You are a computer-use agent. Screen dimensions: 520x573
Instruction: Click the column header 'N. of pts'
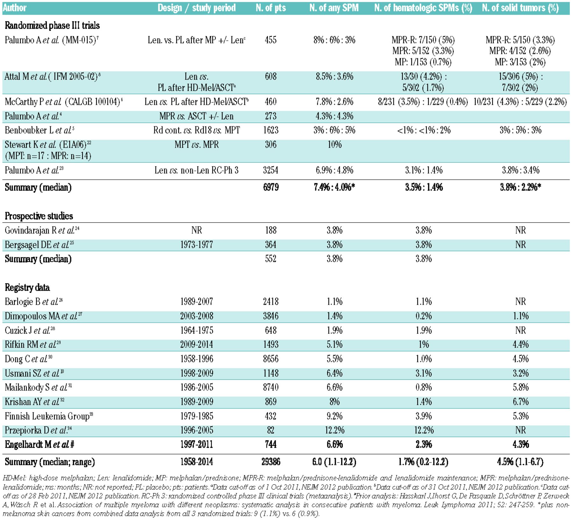271,8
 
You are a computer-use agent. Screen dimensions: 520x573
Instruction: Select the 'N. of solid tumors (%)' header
520,8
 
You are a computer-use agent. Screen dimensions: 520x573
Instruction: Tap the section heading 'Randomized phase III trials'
52,25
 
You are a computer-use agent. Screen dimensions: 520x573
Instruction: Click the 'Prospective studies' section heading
39,216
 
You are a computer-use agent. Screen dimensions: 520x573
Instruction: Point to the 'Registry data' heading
27,288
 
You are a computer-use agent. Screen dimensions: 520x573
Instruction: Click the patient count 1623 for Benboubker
271,130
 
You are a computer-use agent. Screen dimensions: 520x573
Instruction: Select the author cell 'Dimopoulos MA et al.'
41,316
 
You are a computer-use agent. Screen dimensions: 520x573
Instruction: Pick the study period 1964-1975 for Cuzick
197,330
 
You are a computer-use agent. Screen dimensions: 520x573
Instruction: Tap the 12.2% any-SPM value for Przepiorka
335,430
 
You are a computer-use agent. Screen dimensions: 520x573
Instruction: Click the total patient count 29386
271,462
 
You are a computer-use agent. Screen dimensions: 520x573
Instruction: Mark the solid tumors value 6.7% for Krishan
520,402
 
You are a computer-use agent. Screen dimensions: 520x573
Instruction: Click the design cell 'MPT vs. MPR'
197,145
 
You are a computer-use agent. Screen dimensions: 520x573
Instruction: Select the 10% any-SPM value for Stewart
335,145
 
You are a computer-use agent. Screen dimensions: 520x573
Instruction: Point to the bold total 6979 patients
271,187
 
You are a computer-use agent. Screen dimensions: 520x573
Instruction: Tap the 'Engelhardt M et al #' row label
39,445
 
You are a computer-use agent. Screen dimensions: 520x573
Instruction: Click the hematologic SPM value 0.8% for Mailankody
424,388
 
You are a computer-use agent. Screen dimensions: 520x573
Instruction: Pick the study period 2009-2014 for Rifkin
197,345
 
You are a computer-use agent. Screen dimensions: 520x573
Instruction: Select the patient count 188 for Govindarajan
271,230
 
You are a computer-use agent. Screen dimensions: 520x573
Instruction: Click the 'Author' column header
15,8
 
